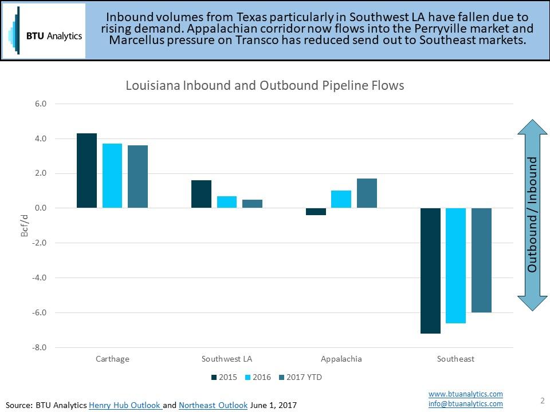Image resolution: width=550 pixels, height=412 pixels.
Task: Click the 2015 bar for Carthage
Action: [87, 171]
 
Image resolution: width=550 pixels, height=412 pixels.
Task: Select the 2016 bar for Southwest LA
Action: [227, 202]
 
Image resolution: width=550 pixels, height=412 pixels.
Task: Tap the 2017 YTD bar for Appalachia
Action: [367, 193]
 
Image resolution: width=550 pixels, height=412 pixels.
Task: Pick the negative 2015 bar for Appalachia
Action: [316, 212]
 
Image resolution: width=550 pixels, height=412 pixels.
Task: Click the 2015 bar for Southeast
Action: [430, 270]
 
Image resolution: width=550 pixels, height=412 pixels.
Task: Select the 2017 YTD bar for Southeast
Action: [481, 260]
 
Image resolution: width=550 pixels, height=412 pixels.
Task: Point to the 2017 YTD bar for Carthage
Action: [137, 176]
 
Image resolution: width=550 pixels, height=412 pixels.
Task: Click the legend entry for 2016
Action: [258, 377]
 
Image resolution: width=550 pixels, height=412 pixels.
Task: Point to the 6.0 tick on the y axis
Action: [40, 104]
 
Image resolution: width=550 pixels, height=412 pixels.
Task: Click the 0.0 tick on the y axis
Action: [40, 208]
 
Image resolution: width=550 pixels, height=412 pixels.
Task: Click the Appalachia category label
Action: [341, 359]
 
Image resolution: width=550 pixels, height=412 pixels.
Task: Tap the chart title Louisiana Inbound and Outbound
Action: [265, 85]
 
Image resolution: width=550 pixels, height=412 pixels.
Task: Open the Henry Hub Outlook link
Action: [125, 405]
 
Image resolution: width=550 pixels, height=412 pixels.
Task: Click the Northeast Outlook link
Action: [213, 405]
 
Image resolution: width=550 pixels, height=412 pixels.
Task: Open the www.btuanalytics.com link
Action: [465, 394]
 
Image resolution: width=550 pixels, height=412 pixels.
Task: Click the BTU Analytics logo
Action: [44, 31]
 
